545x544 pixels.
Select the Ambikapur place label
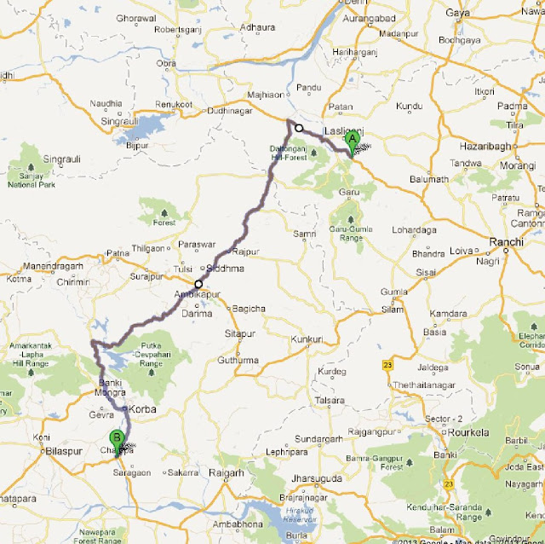tap(192, 294)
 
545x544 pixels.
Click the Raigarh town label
tap(226, 472)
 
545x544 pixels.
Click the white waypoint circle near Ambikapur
tap(198, 285)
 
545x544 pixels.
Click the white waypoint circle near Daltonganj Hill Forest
tap(299, 128)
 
